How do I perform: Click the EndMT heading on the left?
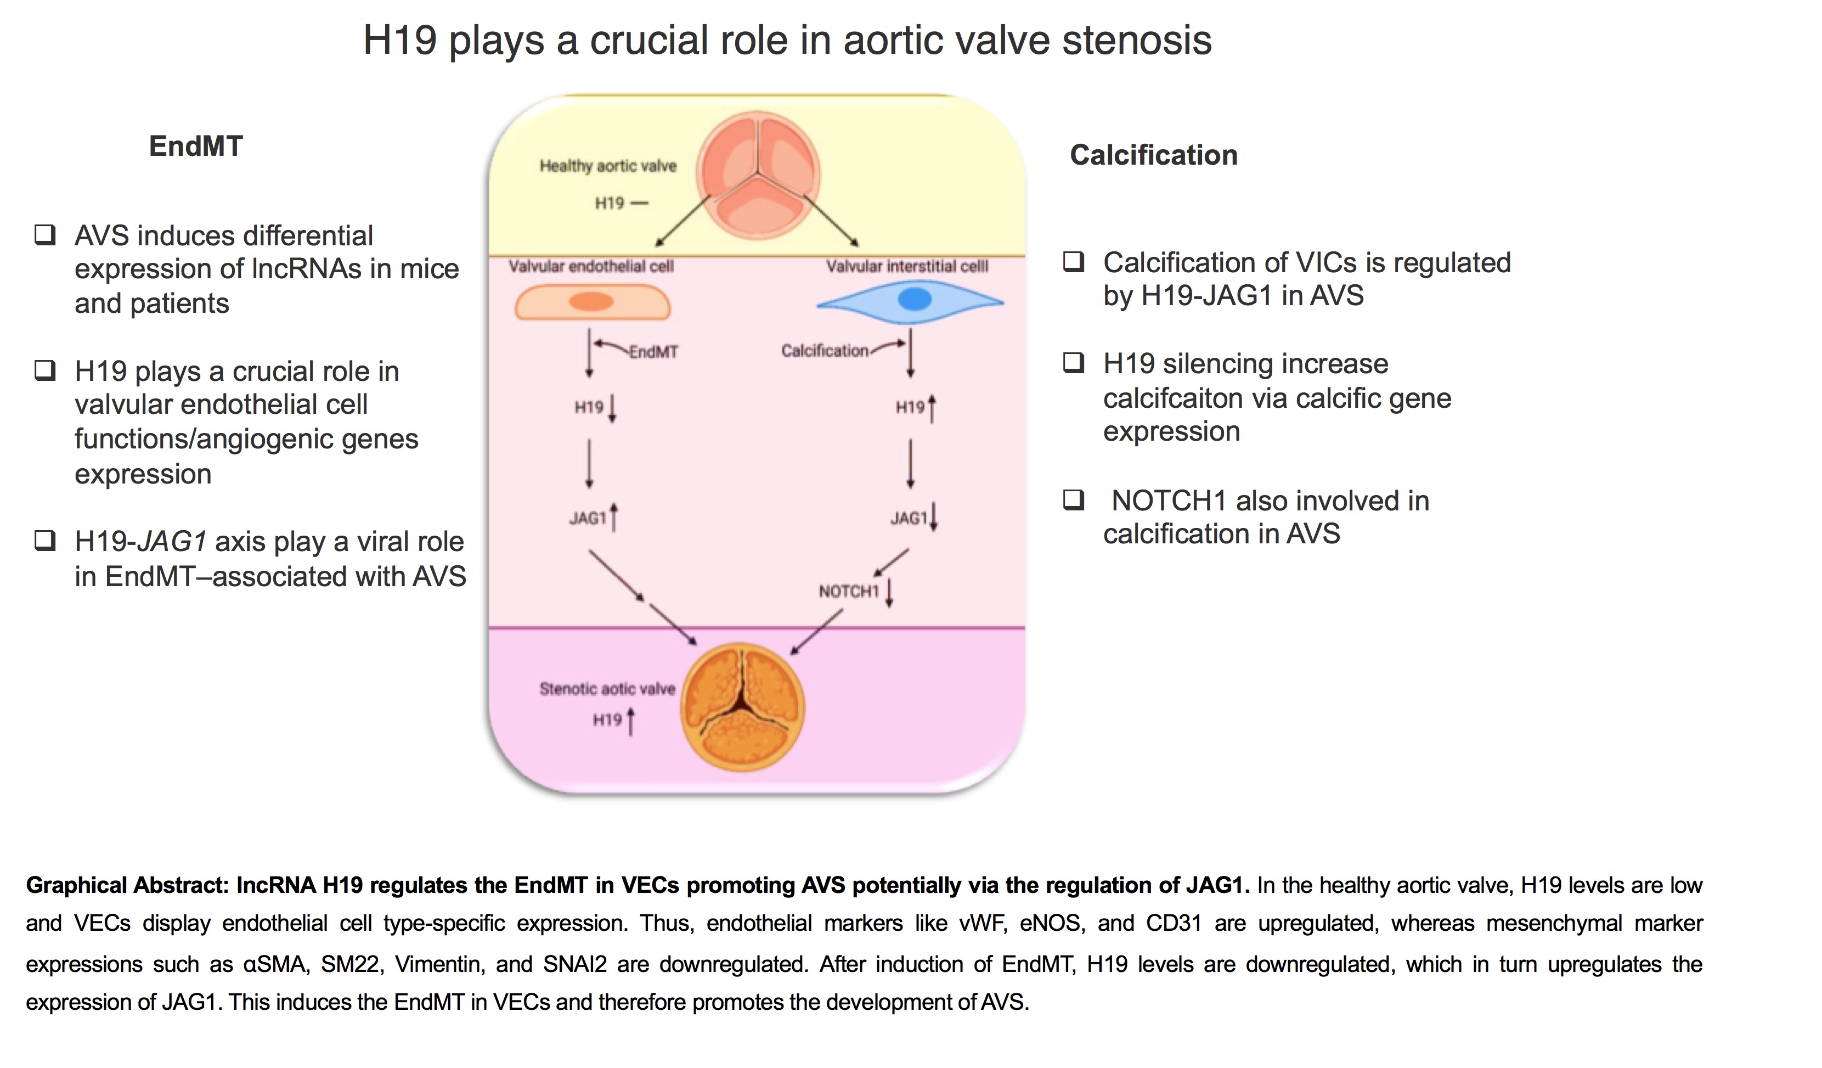click(x=196, y=147)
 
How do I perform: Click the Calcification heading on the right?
click(x=1153, y=155)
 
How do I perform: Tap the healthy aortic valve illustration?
click(x=758, y=176)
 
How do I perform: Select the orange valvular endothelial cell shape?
click(x=592, y=302)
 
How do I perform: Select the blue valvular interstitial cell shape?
click(x=911, y=300)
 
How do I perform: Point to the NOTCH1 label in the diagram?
click(x=848, y=592)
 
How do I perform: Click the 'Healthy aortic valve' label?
click(x=608, y=166)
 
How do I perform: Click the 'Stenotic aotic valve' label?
click(x=607, y=689)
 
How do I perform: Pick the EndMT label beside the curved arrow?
click(x=653, y=352)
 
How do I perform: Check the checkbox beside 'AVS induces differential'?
click(x=46, y=235)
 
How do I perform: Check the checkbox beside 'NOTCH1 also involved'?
click(x=1074, y=499)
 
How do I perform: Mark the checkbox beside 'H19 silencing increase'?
click(x=1074, y=362)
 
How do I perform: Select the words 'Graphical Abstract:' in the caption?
click(x=127, y=886)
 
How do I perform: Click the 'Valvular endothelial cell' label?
click(x=591, y=267)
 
